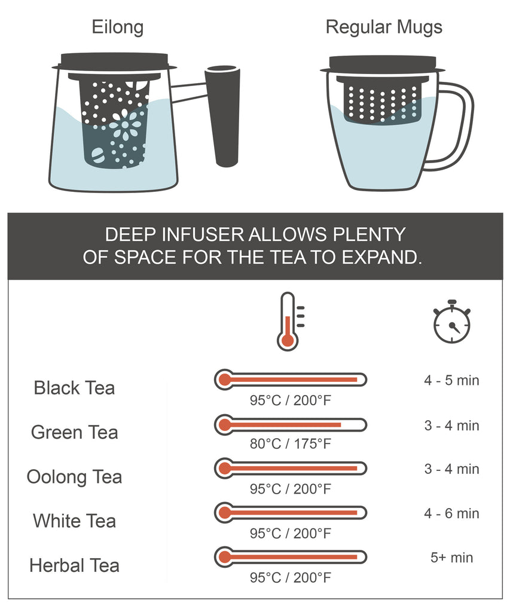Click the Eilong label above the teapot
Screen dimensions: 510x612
pos(118,27)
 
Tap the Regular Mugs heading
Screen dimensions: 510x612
pos(384,27)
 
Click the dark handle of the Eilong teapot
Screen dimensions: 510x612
pos(223,116)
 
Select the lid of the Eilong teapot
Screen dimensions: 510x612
pos(114,62)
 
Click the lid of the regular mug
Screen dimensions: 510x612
pos(382,65)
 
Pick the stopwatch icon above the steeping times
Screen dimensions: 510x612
pos(452,322)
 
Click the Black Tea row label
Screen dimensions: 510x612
pos(74,388)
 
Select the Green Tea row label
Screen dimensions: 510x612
pos(74,433)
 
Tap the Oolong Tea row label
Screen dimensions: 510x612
pos(74,477)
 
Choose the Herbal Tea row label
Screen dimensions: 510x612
pos(74,565)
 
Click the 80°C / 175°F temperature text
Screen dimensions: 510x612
pos(291,444)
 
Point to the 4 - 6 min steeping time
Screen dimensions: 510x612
pos(452,513)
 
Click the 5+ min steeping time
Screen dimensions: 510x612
pos(452,558)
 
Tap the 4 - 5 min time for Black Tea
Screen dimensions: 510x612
pos(452,381)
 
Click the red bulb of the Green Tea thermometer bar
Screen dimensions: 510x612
pos(225,424)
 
